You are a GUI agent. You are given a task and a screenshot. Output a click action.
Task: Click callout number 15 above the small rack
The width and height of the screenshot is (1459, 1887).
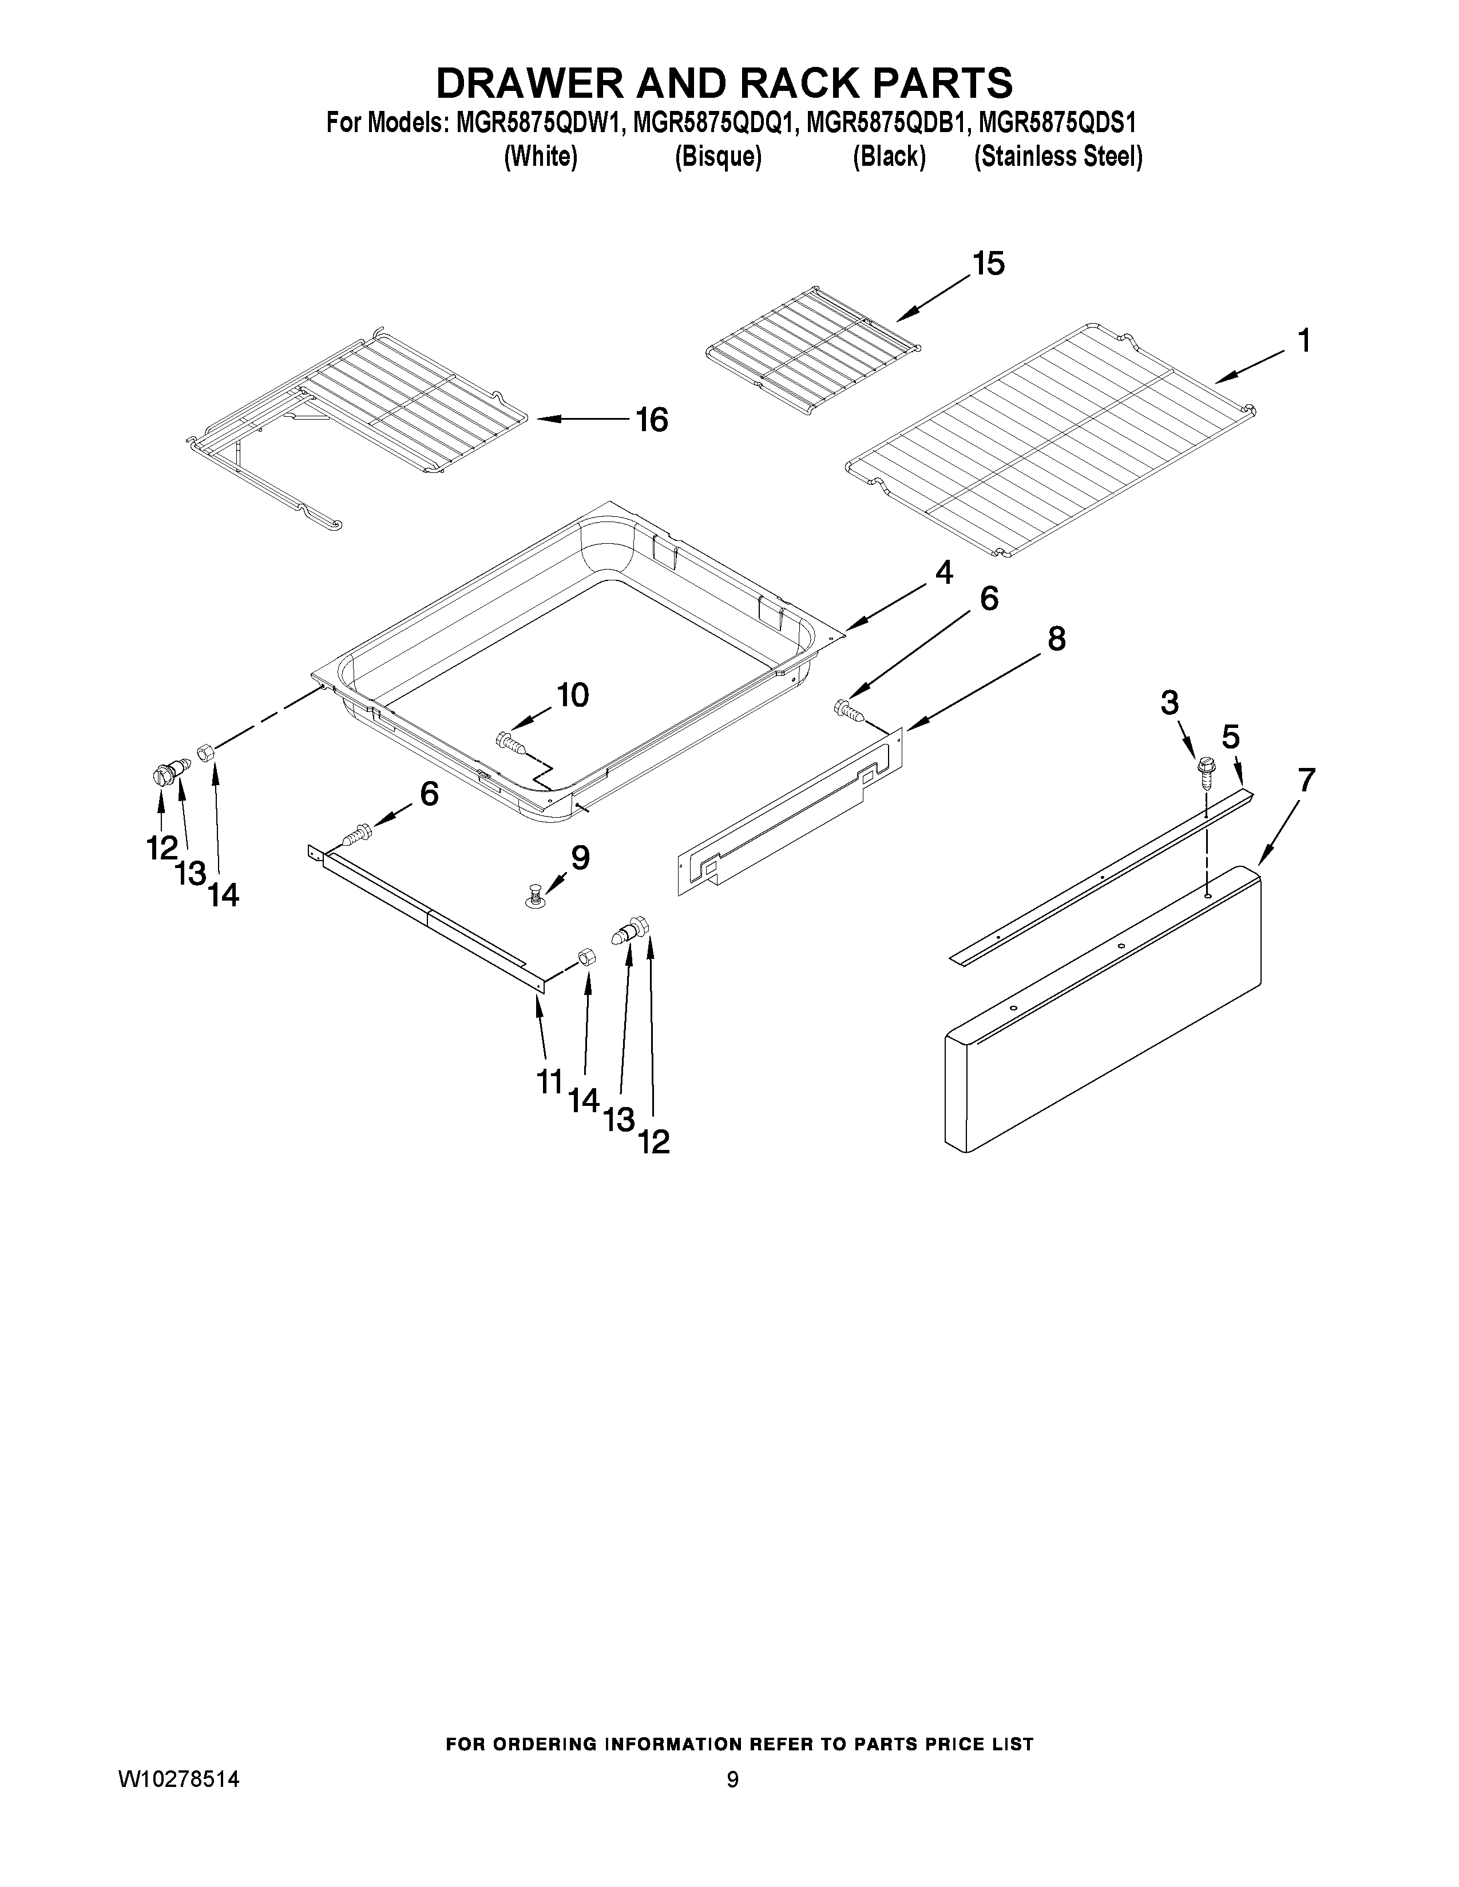pyautogui.click(x=989, y=264)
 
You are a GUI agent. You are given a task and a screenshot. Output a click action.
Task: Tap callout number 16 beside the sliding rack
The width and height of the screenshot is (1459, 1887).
pyautogui.click(x=652, y=421)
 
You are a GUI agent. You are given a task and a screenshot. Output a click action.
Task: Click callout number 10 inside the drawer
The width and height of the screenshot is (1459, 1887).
pyautogui.click(x=572, y=695)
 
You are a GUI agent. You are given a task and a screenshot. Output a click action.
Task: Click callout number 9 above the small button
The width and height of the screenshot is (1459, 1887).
pyautogui.click(x=580, y=858)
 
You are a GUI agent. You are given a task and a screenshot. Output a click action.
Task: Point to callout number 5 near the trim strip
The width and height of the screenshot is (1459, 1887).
pyautogui.click(x=1230, y=737)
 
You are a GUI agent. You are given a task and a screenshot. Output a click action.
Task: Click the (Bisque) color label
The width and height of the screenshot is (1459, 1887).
pyautogui.click(x=717, y=157)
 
